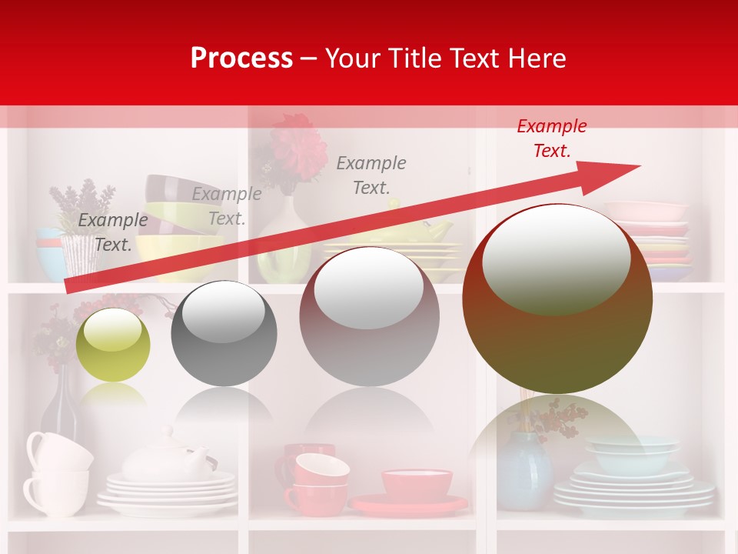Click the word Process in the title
click(241, 58)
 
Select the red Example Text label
click(551, 138)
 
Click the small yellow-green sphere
click(113, 345)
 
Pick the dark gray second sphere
click(224, 333)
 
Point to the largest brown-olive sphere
click(557, 299)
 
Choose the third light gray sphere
click(369, 316)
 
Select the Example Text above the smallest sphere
click(112, 232)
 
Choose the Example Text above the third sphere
click(371, 175)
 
